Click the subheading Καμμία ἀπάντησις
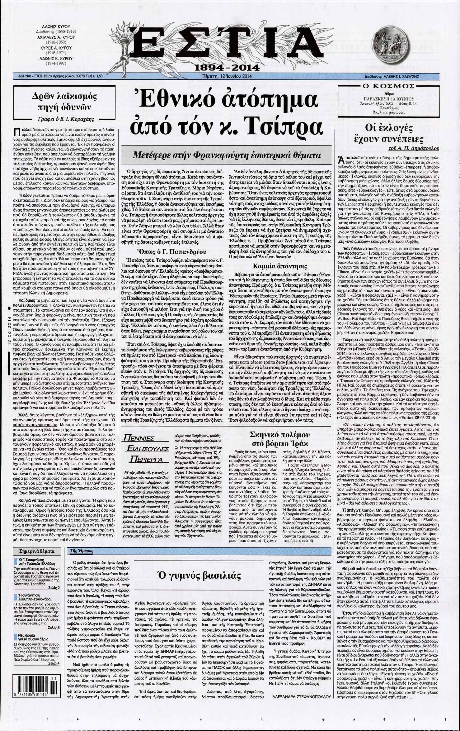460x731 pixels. (279, 266)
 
